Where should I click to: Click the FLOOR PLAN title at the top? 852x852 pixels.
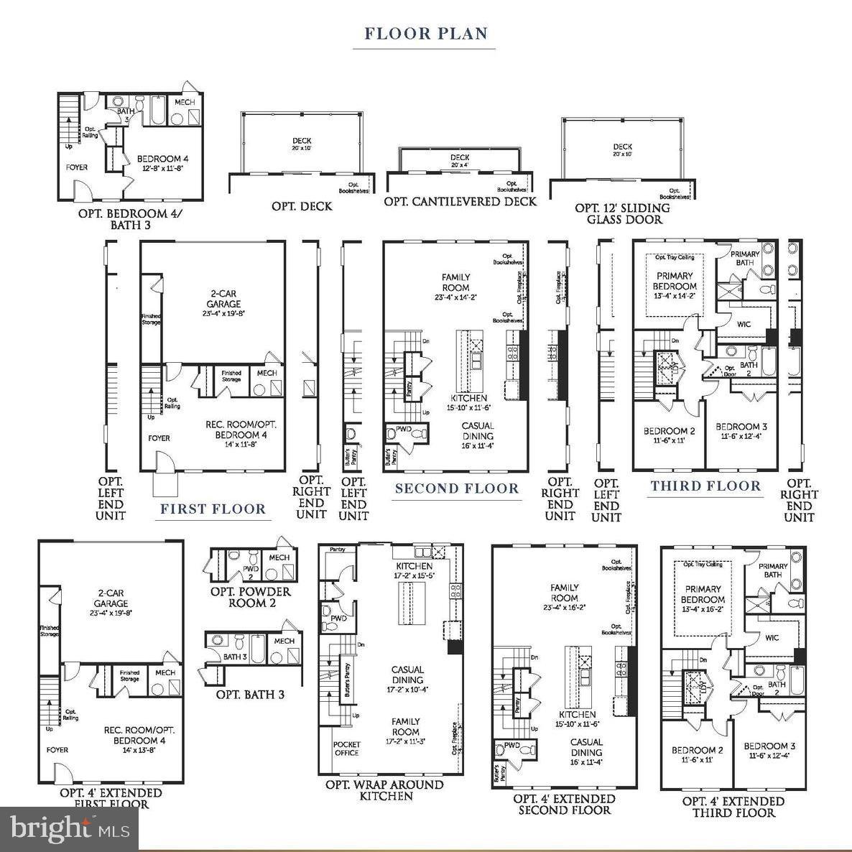click(x=426, y=34)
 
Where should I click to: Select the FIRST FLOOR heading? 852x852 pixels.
click(x=213, y=509)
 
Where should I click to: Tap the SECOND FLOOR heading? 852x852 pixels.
click(x=456, y=488)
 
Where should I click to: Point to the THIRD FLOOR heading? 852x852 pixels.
click(x=705, y=486)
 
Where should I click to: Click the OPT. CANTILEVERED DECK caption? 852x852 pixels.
click(x=460, y=202)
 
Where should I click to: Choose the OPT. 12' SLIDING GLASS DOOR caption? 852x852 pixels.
click(x=623, y=213)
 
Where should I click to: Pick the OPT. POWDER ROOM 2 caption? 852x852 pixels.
click(x=250, y=597)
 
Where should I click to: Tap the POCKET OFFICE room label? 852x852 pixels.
click(x=347, y=749)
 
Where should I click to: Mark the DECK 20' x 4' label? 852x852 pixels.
click(x=460, y=161)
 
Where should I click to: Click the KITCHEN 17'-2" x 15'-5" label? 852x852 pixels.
click(x=415, y=571)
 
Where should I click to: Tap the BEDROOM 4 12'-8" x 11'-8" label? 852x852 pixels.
click(x=163, y=163)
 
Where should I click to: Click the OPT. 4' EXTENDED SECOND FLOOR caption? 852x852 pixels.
click(x=565, y=804)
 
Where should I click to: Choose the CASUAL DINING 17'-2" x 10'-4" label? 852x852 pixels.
click(x=407, y=679)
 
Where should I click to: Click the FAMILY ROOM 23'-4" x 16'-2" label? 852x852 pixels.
click(x=565, y=597)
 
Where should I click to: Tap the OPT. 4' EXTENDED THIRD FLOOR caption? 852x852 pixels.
click(x=733, y=807)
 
